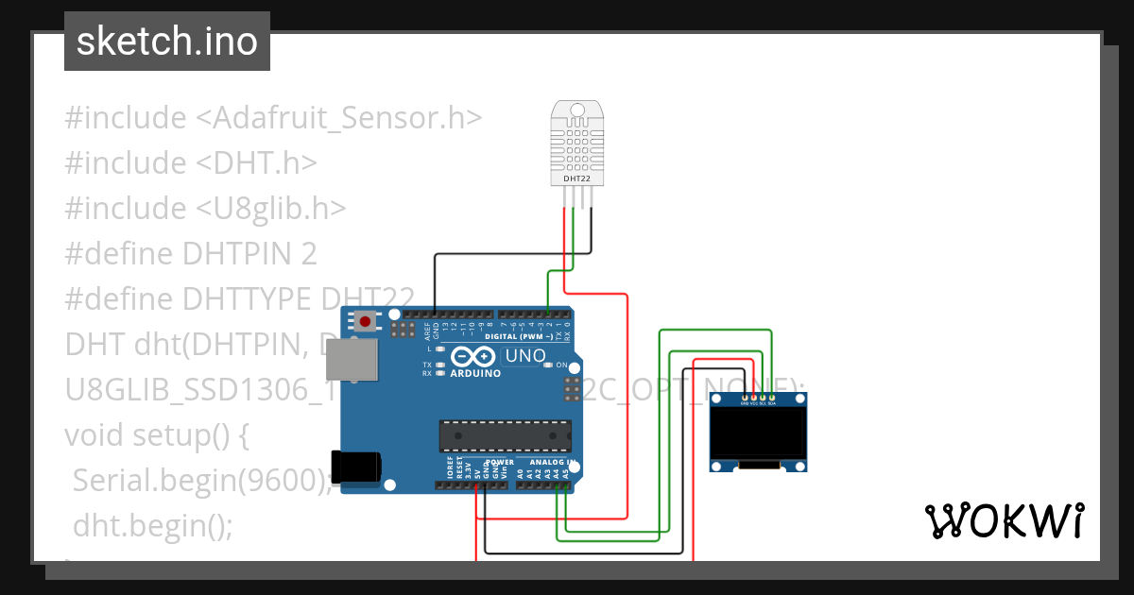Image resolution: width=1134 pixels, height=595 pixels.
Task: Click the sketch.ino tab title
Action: pos(166,42)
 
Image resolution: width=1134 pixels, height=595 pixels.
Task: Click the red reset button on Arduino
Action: pos(365,322)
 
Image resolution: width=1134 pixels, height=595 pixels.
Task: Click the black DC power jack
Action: pos(356,468)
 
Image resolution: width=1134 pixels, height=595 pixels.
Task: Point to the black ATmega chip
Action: pos(506,435)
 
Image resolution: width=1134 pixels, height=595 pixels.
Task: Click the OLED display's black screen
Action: pos(759,432)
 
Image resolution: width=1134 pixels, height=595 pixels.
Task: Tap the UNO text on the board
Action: pos(525,356)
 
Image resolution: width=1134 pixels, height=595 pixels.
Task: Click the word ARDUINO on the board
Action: pos(475,373)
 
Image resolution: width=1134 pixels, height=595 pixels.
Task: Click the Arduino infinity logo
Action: pos(472,356)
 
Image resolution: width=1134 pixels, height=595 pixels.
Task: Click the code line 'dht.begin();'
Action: pos(152,524)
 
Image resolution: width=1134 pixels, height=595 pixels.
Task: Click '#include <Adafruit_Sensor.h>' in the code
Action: pos(273,118)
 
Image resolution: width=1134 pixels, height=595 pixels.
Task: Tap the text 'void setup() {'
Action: pos(157,434)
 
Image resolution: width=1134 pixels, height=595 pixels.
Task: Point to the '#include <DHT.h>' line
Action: pos(190,162)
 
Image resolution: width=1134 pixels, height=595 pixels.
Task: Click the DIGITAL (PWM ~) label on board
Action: pos(519,336)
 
